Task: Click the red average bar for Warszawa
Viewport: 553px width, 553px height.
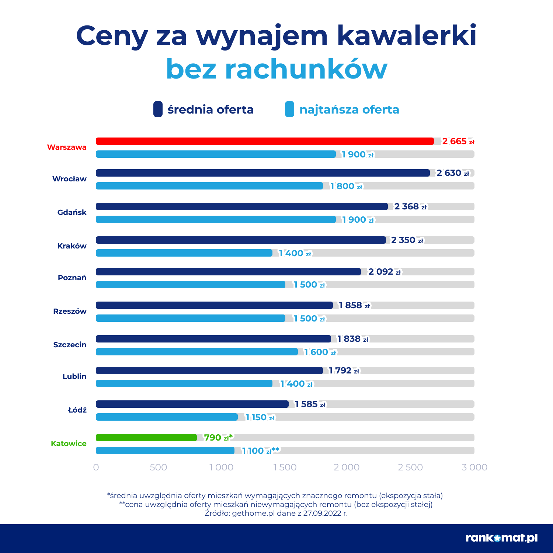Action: (265, 141)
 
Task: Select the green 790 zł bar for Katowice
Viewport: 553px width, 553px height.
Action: (146, 438)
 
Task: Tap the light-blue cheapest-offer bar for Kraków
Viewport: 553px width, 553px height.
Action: (184, 253)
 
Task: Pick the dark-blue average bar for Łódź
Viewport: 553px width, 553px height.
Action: (192, 404)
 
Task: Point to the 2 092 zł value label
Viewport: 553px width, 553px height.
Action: (385, 272)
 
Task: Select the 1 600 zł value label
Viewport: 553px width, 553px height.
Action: (320, 352)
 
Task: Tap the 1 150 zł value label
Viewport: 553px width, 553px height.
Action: (260, 417)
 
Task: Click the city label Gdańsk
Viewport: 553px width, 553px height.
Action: (72, 212)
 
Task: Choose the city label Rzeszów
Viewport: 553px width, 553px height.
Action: (70, 311)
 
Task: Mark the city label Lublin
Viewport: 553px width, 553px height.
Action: (74, 376)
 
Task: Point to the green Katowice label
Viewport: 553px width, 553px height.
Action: (69, 444)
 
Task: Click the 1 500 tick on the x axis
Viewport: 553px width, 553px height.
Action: (285, 467)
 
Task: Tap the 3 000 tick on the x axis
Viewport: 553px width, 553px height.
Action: (474, 467)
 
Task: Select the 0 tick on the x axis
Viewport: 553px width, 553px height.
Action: (96, 467)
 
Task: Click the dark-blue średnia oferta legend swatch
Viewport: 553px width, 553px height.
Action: (158, 109)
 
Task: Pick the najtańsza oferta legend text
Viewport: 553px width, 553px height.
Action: (349, 109)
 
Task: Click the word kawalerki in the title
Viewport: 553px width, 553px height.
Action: (407, 36)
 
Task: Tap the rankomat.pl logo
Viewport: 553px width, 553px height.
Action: (501, 538)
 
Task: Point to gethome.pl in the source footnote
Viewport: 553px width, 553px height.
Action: (253, 513)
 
